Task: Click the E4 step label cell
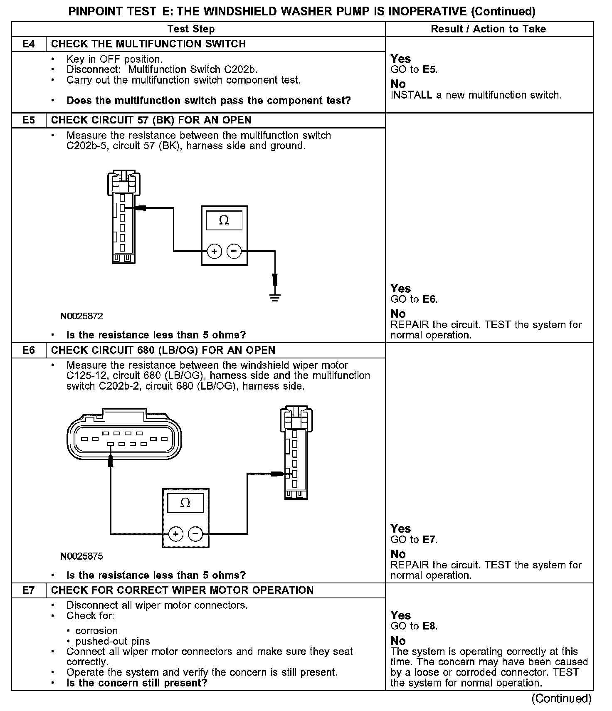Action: tap(28, 44)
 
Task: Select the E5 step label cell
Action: tap(28, 120)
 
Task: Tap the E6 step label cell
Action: tap(28, 350)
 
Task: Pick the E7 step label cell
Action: tap(28, 590)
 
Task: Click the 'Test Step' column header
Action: tap(191, 29)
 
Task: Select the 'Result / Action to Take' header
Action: tap(489, 29)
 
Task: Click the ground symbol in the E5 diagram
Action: tap(274, 297)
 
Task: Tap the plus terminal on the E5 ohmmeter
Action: tap(214, 251)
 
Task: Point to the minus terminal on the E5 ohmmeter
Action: tap(234, 251)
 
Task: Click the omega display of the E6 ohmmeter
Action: tap(185, 503)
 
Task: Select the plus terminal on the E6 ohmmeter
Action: tap(176, 533)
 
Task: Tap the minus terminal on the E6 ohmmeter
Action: tap(195, 533)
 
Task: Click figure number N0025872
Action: tap(81, 316)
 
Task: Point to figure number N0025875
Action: tap(81, 556)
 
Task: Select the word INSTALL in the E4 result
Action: tap(411, 95)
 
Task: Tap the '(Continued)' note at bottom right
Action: tap(561, 699)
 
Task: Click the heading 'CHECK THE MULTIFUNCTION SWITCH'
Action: tap(148, 44)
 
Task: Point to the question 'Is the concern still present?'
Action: tap(137, 683)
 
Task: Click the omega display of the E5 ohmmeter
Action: tap(224, 220)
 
